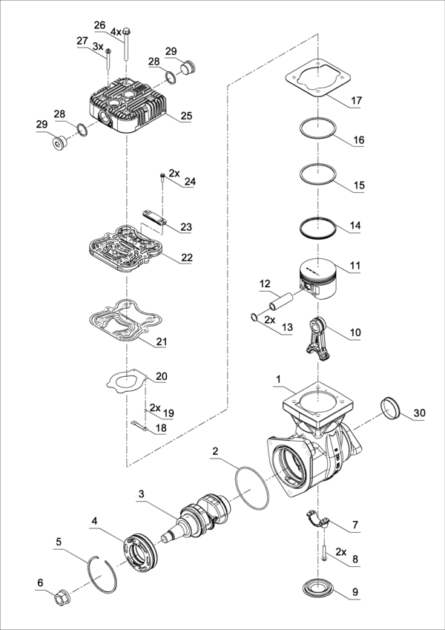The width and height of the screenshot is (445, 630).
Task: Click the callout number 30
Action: [x=419, y=413]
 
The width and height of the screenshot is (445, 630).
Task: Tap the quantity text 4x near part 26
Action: [x=116, y=33]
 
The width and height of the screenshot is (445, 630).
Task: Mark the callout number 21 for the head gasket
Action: [x=161, y=342]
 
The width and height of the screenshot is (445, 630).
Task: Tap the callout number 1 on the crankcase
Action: [x=278, y=379]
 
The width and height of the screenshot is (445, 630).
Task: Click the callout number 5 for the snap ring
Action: [x=59, y=542]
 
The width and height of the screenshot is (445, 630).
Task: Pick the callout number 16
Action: [x=358, y=140]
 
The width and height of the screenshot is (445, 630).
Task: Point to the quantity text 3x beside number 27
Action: [x=98, y=47]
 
